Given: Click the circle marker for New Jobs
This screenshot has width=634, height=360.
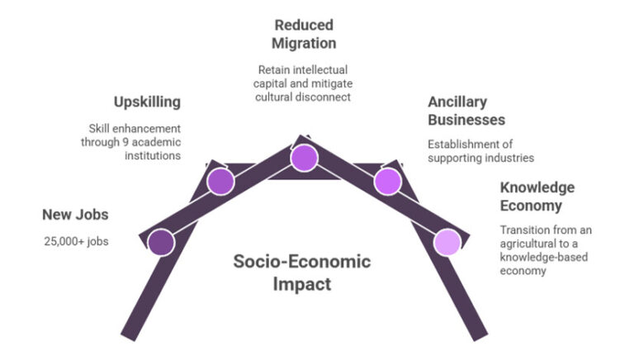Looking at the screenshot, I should [x=161, y=242].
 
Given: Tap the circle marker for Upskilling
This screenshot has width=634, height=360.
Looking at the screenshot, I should [x=220, y=181].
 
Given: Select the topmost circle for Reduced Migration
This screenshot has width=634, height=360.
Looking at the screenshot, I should [x=304, y=157].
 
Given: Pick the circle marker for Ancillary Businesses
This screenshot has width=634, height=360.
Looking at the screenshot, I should [x=387, y=181].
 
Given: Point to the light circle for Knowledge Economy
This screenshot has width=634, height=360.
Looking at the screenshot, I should [x=447, y=242].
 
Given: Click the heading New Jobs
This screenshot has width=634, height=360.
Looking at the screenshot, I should [x=75, y=216].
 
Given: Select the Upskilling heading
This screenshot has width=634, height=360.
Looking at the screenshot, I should [x=147, y=102].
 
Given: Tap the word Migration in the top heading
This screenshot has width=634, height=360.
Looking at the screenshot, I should [x=305, y=43].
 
